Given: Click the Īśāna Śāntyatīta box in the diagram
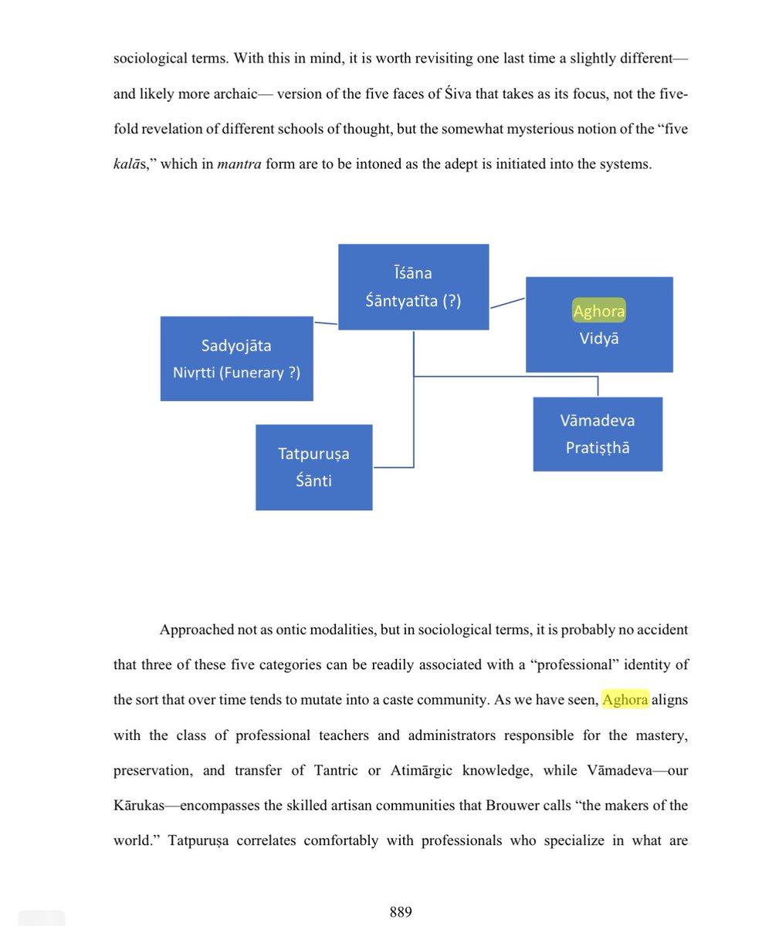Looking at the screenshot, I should [413, 286].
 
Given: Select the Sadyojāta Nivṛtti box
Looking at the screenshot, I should [236, 359].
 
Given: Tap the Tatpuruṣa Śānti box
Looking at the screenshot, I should [313, 467].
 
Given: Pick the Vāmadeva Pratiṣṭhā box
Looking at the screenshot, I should [598, 434].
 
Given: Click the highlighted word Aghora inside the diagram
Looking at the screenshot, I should [598, 311].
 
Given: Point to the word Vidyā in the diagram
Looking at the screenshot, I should [599, 338].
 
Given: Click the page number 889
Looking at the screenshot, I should [401, 911].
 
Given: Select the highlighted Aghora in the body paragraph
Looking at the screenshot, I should [625, 700].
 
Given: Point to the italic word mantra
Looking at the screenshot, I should [239, 164].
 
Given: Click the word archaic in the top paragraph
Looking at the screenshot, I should [232, 94].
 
